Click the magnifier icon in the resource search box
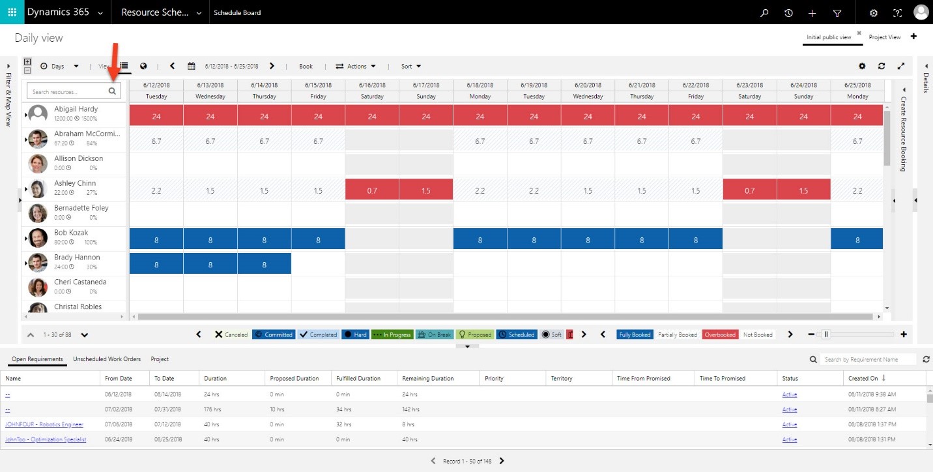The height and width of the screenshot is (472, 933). coord(112,92)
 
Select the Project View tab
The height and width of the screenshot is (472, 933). coord(884,37)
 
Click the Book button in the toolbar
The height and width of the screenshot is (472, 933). coord(306,66)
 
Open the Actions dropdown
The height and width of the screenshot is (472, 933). coord(356,66)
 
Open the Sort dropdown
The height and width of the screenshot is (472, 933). coord(410,66)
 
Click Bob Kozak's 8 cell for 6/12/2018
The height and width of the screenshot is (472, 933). coord(156,240)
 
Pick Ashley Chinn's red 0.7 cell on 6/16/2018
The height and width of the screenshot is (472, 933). coord(372,190)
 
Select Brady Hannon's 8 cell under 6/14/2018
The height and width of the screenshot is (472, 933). coord(264,265)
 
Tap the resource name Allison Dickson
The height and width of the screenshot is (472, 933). coord(78,158)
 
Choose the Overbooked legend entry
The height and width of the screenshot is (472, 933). coord(720,334)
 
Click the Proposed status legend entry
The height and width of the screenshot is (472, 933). coord(475,334)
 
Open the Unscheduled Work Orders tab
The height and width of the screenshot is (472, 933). coord(107,359)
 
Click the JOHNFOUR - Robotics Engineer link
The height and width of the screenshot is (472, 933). coord(44,424)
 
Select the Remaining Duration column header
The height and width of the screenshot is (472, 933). coord(427,378)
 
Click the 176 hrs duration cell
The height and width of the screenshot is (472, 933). coord(212,409)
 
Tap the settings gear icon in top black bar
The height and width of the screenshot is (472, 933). coord(873,12)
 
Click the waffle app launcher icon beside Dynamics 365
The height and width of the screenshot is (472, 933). coord(12,12)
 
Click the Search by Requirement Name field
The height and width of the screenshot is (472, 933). coord(868,359)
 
